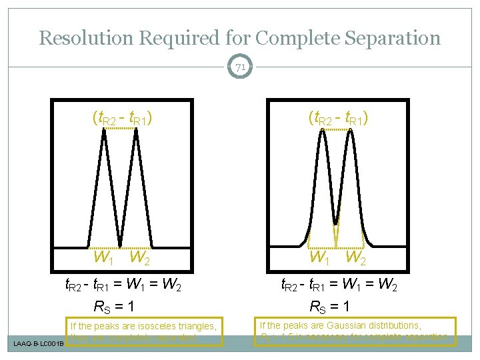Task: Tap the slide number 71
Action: coord(240,67)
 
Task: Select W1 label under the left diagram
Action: coord(103,257)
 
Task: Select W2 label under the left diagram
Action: coord(139,257)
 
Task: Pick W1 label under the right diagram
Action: coord(319,257)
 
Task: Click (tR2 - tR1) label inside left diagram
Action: coord(122,118)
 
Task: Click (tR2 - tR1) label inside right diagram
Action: coord(339,118)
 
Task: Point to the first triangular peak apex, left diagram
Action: coord(105,130)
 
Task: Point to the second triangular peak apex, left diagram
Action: coord(137,130)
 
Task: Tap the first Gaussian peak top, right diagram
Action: coord(323,131)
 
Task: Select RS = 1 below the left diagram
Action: coord(114,307)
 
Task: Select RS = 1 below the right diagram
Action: coord(330,307)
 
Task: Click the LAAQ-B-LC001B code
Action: coord(39,344)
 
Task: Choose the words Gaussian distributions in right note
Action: coord(380,325)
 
